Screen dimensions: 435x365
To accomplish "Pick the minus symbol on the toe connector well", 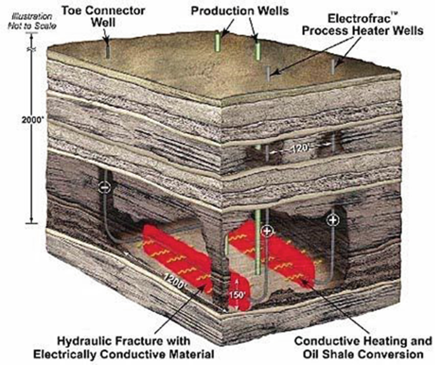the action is pos(105,188).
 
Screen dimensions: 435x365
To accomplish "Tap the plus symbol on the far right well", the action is pos(332,220).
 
